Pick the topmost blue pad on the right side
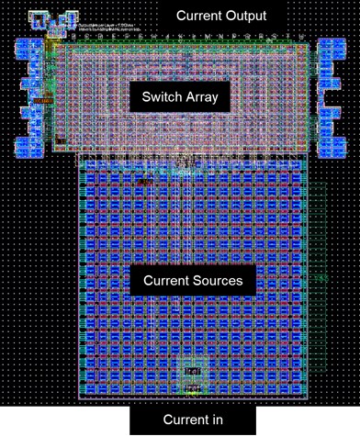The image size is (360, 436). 331,48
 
